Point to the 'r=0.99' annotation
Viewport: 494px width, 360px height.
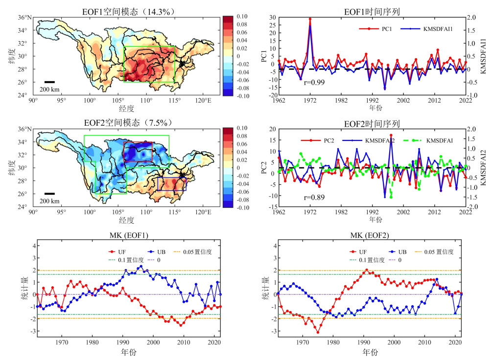click(314, 82)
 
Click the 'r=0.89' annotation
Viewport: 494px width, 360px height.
click(314, 198)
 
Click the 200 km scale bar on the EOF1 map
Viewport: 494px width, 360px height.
click(49, 82)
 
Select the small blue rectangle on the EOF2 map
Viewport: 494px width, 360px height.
click(172, 184)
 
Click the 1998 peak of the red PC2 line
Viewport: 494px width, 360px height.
click(391, 135)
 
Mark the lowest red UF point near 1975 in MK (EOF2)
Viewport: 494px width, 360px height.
click(318, 333)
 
